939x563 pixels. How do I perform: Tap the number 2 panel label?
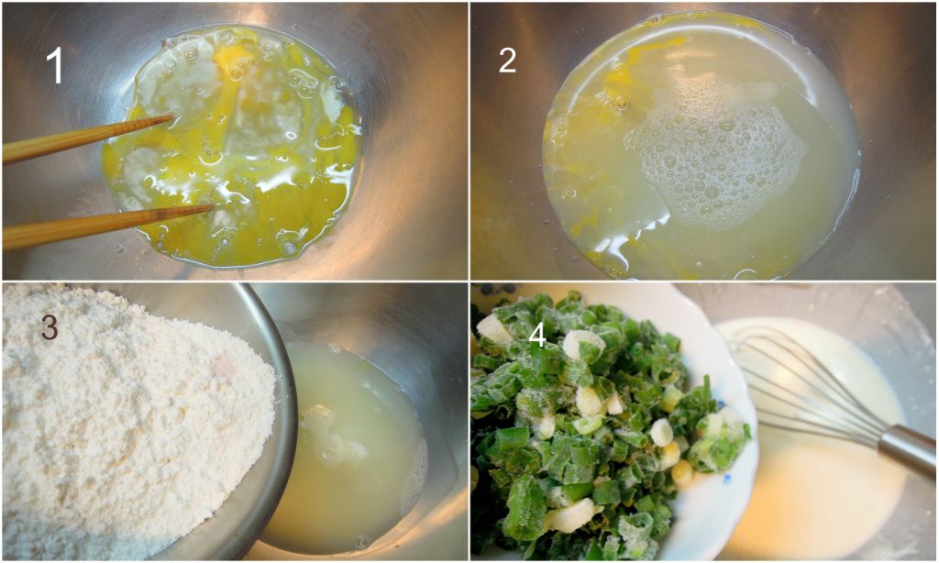[507, 61]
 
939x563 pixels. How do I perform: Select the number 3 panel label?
[50, 327]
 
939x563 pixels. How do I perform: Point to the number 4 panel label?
[537, 336]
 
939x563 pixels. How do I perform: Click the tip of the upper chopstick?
[173, 116]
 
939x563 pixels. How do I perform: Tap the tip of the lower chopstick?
[213, 206]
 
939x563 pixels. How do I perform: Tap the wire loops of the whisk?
[802, 383]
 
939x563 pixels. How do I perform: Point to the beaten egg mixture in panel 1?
[234, 147]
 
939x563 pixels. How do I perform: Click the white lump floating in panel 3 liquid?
[332, 435]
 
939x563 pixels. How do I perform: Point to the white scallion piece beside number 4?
[582, 345]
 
